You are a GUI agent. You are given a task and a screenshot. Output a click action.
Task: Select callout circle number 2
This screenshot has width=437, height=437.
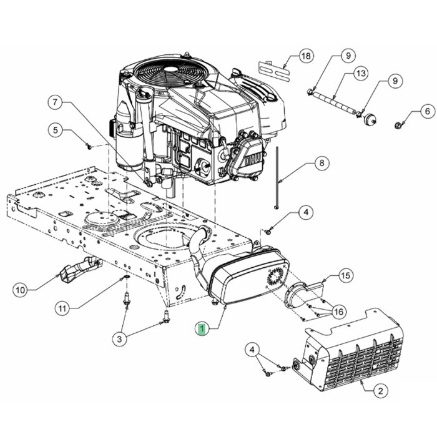coord(379,391)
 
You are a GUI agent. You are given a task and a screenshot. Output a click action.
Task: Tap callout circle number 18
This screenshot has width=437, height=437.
coord(305,56)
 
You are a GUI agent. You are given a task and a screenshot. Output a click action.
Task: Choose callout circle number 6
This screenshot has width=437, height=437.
coord(410,112)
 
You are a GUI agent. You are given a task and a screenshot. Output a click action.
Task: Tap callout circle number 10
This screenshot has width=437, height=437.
coord(20,290)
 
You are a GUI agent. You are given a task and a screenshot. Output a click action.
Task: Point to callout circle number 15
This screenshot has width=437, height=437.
coord(345,275)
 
